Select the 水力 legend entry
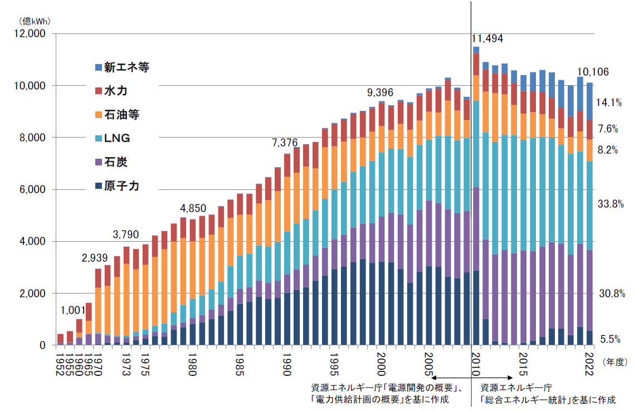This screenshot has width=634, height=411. (x=115, y=91)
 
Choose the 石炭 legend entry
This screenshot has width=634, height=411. (x=115, y=163)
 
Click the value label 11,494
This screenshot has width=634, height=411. (x=487, y=39)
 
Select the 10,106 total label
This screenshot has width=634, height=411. (x=593, y=72)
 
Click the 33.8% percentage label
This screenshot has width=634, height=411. (x=610, y=204)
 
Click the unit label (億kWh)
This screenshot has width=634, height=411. (x=35, y=21)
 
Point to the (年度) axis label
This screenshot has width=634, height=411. (x=615, y=361)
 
